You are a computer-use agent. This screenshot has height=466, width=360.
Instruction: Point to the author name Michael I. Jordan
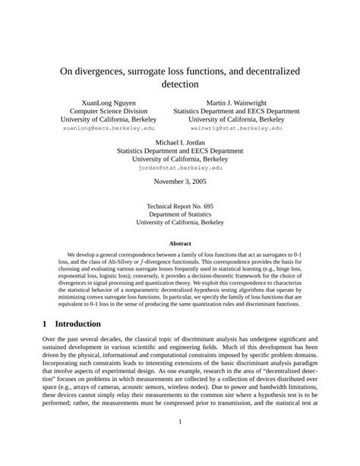click(180, 142)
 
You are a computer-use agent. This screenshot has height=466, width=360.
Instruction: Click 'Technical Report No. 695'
click(180, 205)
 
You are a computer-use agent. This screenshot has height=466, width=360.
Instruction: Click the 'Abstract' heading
click(180, 244)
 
